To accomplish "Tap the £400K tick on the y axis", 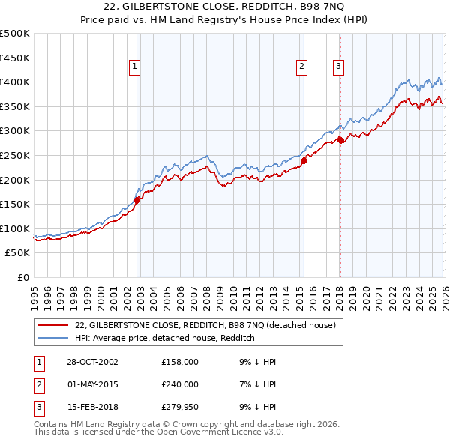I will [15, 82].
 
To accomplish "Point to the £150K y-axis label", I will [15, 204].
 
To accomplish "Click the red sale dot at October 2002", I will [137, 199].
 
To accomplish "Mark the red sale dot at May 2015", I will [304, 160].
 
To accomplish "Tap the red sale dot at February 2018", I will [340, 140].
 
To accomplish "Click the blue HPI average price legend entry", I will [165, 338].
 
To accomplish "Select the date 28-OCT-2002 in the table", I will [92, 362].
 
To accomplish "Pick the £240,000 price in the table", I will [180, 384].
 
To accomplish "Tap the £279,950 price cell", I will [180, 407].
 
